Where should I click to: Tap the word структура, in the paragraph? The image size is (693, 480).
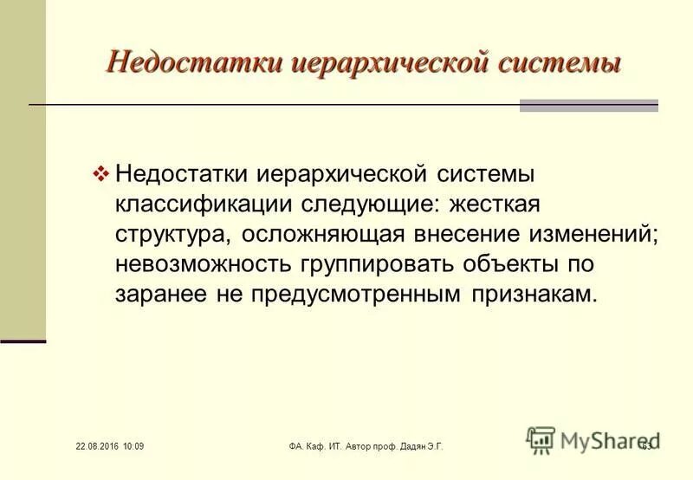173,234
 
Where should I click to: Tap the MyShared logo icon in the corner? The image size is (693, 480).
541,440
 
